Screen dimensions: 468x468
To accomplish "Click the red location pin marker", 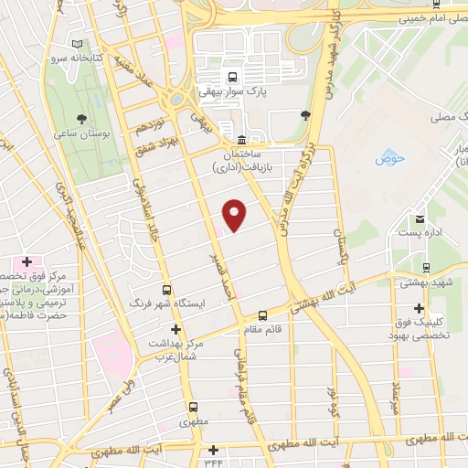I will (x=235, y=214).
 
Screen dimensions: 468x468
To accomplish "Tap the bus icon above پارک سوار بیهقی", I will (x=233, y=78).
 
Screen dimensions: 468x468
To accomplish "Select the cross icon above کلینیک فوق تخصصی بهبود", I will (x=419, y=308).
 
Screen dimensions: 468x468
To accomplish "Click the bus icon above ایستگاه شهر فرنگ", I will (x=165, y=286).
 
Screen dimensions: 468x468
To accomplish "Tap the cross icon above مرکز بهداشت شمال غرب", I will (x=175, y=329).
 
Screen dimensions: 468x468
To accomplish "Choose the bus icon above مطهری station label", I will (x=192, y=408).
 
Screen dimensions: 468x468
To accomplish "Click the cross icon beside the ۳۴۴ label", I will (x=214, y=450).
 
